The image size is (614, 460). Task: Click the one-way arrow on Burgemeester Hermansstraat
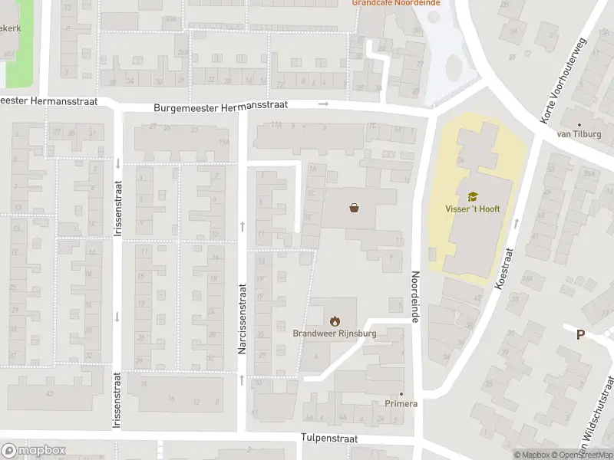point(324,103)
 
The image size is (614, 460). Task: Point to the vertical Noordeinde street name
point(415,297)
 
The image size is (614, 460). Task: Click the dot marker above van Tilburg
point(579,124)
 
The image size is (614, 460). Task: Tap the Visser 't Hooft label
point(473,209)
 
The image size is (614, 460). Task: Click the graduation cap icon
point(473,196)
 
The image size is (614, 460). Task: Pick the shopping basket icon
point(354,206)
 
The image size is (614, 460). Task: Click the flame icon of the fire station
point(334,320)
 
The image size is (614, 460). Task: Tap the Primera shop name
point(401,404)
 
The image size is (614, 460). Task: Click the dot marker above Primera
point(401,393)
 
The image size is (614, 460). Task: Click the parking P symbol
point(580,335)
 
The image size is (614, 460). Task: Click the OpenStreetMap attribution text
point(586,455)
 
